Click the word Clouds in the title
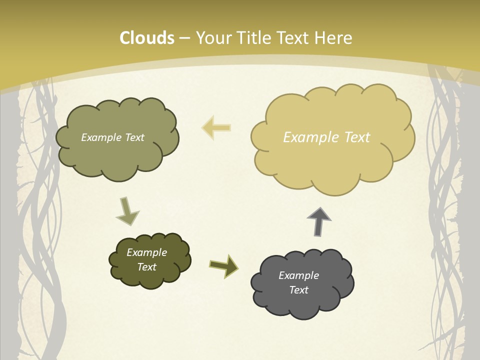(146, 38)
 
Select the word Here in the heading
(334, 38)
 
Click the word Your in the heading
(213, 38)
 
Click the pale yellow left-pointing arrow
(216, 127)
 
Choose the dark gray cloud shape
(302, 300)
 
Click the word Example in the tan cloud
(306, 137)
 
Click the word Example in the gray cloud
(298, 275)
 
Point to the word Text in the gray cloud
(298, 290)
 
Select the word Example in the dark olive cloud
(146, 252)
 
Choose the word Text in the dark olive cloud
(146, 267)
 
